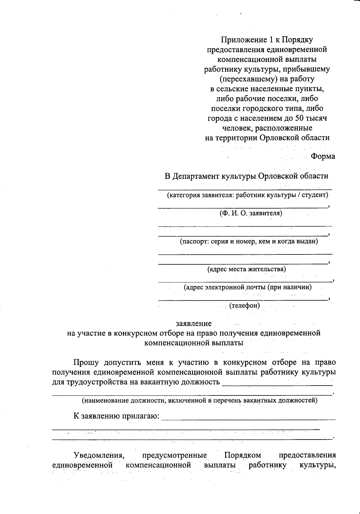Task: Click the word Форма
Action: [x=323, y=156]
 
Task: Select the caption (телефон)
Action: [x=244, y=306]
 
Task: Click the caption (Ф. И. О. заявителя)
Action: [x=251, y=213]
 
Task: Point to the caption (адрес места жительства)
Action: [x=247, y=269]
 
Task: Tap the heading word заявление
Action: [x=193, y=323]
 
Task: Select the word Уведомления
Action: [x=99, y=455]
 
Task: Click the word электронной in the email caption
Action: [x=224, y=287]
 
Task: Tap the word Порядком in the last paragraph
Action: [x=242, y=455]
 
